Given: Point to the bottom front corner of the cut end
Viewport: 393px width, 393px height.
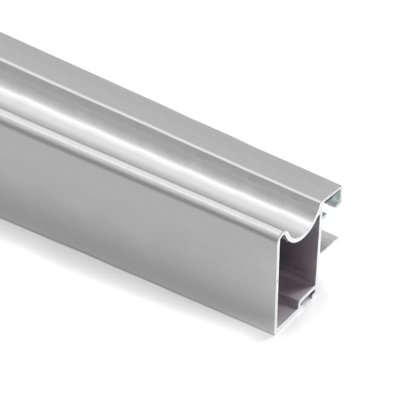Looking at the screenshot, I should point(277,332).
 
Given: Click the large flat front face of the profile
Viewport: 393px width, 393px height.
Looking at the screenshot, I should point(121,200).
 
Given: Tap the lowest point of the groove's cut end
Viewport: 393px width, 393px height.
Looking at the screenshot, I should point(296,239).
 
